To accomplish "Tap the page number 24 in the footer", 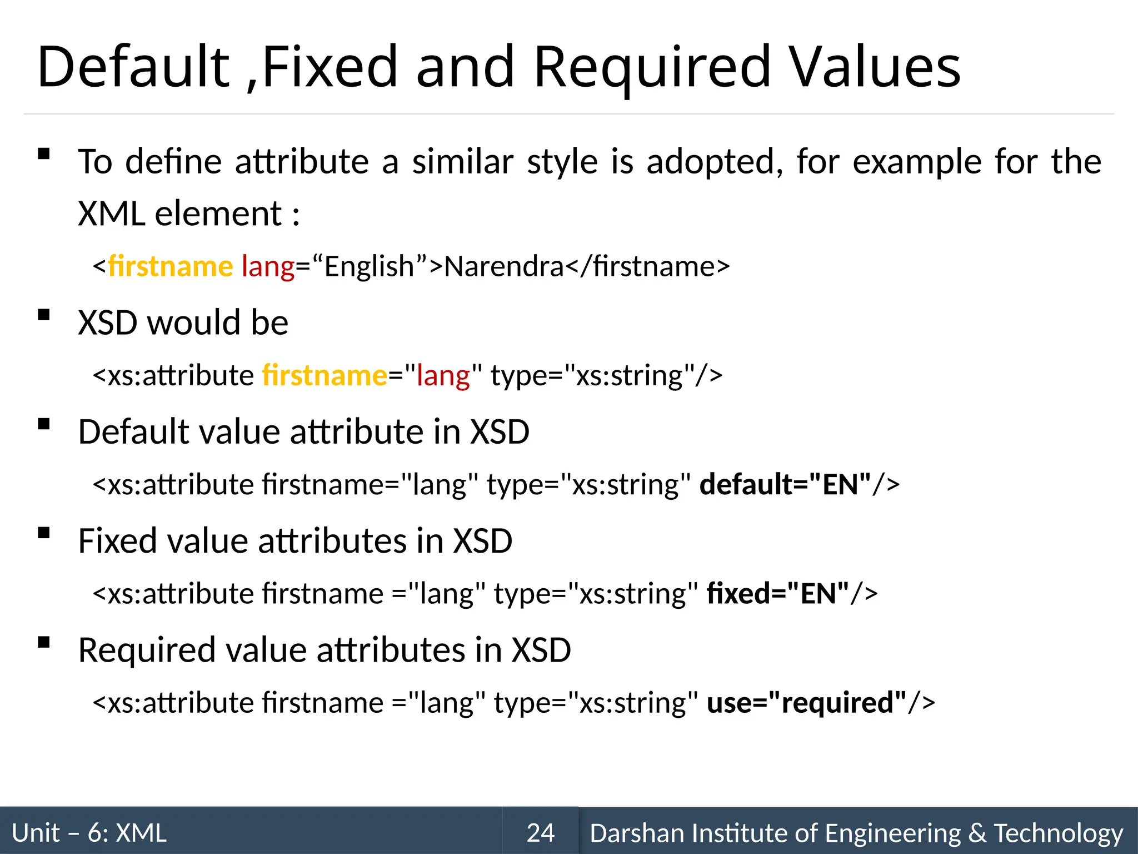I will point(540,833).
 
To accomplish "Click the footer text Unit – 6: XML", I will point(89,833).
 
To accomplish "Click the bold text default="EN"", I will point(785,484).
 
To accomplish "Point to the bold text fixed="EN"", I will point(777,593).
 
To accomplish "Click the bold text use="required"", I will point(806,702).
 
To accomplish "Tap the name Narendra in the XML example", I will point(504,266).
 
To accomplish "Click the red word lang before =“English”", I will point(268,266).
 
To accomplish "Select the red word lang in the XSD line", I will point(443,375).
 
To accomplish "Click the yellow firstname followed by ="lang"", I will point(325,375).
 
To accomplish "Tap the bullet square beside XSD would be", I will point(44,315).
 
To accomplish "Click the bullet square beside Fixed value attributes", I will point(44,533).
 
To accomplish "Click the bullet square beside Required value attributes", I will point(44,642).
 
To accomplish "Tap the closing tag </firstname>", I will point(647,266).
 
